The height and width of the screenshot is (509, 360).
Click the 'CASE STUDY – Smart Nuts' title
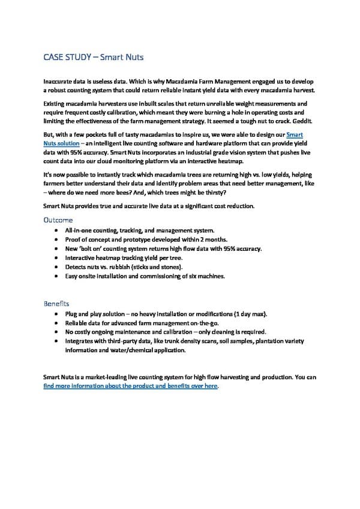pyautogui.click(x=94, y=58)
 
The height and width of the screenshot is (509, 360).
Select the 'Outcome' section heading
pyautogui.click(x=58, y=220)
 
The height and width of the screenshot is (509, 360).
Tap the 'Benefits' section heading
pyautogui.click(x=56, y=304)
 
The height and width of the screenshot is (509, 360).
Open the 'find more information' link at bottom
pyautogui.click(x=130, y=386)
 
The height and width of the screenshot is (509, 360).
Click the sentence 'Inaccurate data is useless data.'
pyautogui.click(x=83, y=80)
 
